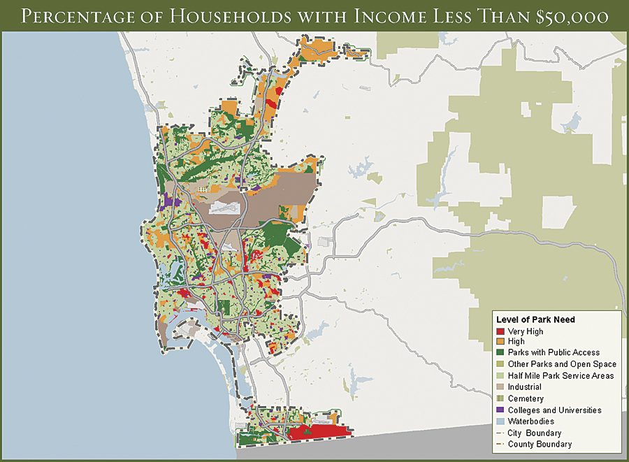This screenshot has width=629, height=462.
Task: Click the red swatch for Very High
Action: click(x=500, y=331)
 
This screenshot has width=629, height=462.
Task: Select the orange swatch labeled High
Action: click(x=500, y=342)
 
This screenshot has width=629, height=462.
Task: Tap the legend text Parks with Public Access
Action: click(x=554, y=353)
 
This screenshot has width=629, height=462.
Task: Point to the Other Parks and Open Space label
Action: click(x=562, y=364)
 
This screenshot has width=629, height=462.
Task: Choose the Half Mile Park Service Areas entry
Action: click(x=561, y=376)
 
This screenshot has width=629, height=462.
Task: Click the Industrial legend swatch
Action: click(x=500, y=387)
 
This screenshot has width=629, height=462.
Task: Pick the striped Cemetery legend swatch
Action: click(x=500, y=398)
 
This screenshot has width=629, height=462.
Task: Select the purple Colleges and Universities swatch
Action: click(x=500, y=410)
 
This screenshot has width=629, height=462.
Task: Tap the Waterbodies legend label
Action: click(x=530, y=421)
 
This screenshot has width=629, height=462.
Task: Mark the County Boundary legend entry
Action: click(x=540, y=445)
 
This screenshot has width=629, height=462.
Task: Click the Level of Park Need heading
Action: click(x=535, y=319)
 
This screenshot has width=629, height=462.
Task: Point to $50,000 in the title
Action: click(x=572, y=16)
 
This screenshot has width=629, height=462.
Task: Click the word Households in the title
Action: click(x=234, y=16)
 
